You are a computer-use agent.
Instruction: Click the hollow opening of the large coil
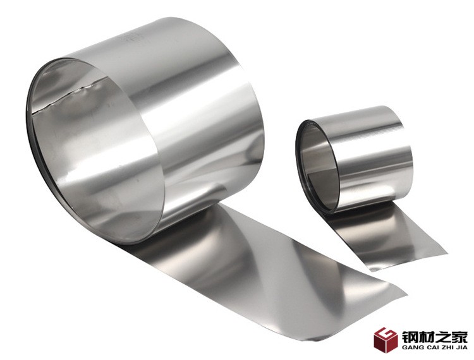tap(90, 151)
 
